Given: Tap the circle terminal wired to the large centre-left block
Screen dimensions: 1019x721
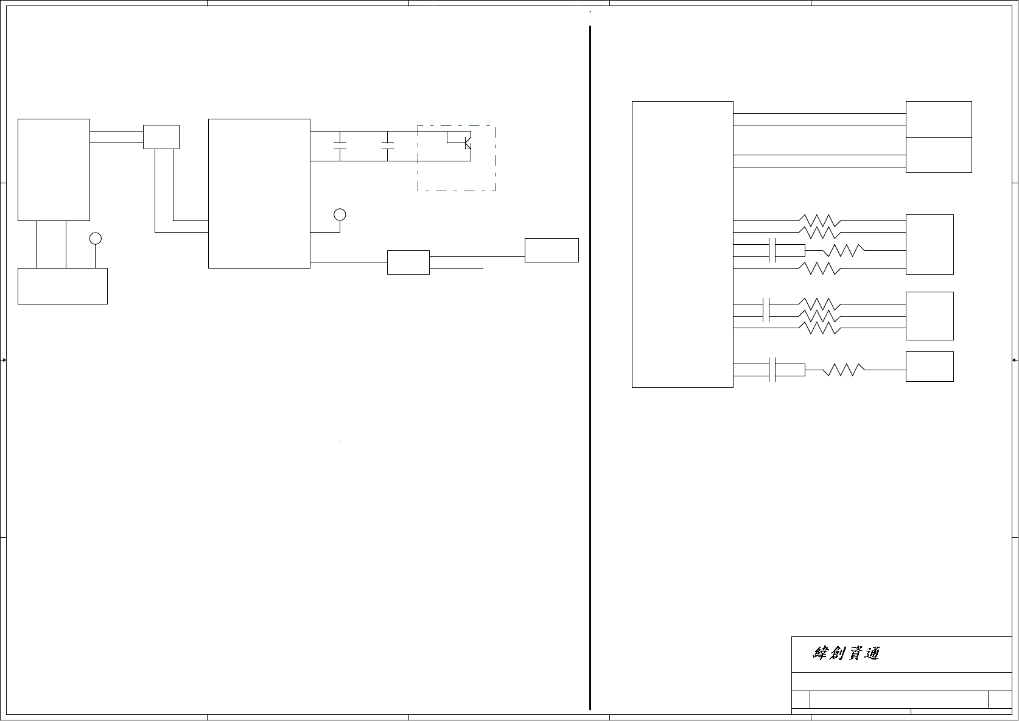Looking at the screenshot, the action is pos(340,214).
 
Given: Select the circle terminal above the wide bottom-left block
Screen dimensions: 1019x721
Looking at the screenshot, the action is pos(95,238).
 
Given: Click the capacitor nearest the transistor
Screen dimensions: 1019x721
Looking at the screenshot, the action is pos(387,146).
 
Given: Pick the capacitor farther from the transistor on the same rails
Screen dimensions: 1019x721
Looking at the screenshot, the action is pos(340,146).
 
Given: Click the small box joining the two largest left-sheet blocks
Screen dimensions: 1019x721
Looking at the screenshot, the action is pos(161,136).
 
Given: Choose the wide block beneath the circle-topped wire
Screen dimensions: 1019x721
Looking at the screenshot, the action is pos(62,286).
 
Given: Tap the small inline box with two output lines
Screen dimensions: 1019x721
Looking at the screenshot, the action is pos(408,262).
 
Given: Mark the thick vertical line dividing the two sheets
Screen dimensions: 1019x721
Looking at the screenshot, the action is pos(590,365).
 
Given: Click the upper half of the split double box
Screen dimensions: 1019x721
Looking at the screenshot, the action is pos(938,119).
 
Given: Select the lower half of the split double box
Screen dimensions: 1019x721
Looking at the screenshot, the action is pos(938,155).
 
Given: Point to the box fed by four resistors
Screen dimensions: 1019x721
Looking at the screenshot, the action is pos(929,244).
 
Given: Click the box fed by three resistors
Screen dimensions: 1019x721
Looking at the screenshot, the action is pos(929,315).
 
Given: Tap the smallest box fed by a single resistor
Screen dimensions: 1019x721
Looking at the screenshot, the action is pos(929,366).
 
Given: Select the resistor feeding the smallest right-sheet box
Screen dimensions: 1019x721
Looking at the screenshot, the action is pos(843,369).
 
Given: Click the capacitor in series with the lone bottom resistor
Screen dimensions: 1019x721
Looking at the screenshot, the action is pos(772,369).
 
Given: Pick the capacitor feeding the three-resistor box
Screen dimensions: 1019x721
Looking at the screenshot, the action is pos(766,309).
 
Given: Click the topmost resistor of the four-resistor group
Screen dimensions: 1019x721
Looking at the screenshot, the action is pos(819,220).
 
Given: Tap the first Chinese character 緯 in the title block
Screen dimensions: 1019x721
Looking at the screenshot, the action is pos(821,653).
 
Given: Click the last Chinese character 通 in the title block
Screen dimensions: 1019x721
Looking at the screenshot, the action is pos(871,653).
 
